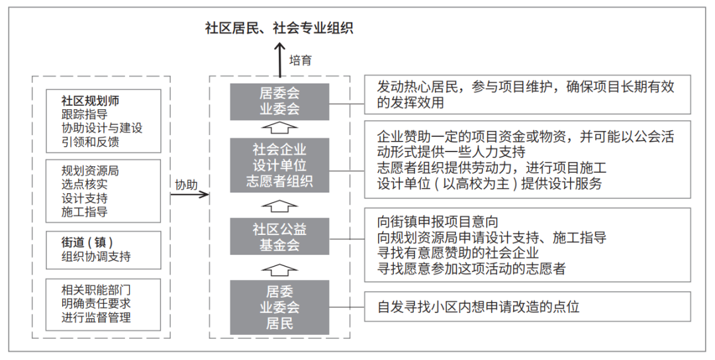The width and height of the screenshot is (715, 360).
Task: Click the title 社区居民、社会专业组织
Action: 279,28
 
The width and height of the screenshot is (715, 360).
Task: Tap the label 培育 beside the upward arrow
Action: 301,60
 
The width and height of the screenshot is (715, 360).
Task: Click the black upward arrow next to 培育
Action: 279,60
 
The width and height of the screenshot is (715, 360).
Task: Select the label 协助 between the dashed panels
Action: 187,185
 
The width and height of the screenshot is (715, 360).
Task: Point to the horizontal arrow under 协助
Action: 190,195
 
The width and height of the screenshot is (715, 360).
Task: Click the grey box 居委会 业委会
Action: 279,102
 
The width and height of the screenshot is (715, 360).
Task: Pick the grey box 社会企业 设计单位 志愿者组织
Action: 279,165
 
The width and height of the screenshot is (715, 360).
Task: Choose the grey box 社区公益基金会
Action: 279,236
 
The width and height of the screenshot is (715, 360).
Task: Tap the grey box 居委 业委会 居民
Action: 279,307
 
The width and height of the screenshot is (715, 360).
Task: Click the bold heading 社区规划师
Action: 90,101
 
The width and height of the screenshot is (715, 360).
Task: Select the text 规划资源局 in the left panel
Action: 90,171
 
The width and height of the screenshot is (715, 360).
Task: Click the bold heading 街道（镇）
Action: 87,242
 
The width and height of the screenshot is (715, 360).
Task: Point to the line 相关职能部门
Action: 96,290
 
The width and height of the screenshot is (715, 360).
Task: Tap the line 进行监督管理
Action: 96,317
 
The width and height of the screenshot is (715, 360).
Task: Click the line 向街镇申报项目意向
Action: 438,222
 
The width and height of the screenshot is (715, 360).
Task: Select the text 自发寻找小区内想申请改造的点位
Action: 479,306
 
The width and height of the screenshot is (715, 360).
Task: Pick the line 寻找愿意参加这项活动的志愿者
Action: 471,269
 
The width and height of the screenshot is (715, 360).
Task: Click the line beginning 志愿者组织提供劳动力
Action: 491,167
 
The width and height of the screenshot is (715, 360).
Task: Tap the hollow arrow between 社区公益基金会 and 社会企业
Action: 279,206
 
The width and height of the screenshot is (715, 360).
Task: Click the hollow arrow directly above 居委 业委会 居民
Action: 279,270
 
